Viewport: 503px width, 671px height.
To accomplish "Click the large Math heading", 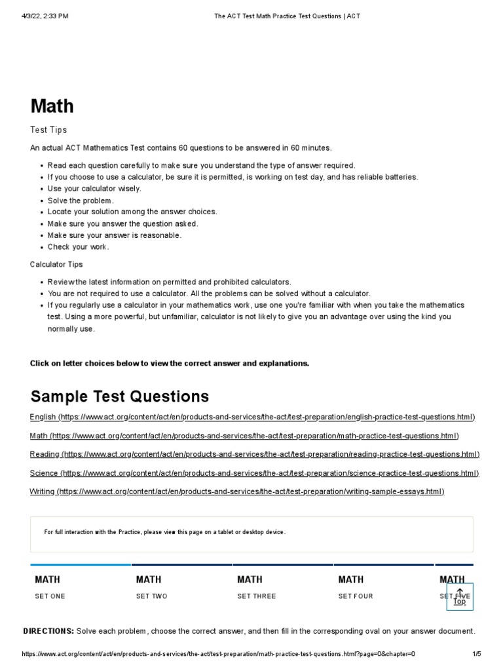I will (52, 106).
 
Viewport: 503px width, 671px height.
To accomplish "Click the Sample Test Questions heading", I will (120, 396).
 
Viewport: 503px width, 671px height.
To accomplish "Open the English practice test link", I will (252, 417).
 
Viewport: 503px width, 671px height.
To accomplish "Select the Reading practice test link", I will (255, 454).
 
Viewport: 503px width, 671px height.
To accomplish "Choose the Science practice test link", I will (254, 472).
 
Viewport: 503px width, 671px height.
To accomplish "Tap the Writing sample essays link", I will (237, 491).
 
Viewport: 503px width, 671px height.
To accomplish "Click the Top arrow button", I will (460, 596).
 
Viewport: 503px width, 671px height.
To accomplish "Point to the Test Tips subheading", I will (48, 130).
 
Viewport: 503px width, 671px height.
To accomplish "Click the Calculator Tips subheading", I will (56, 264).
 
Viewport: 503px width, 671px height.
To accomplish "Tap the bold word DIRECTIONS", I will (48, 631).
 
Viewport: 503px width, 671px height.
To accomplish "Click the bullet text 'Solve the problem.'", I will (81, 201).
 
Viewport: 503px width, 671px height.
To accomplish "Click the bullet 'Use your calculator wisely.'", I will (94, 189).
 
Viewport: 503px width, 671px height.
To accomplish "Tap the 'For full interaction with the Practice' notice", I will (165, 532).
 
